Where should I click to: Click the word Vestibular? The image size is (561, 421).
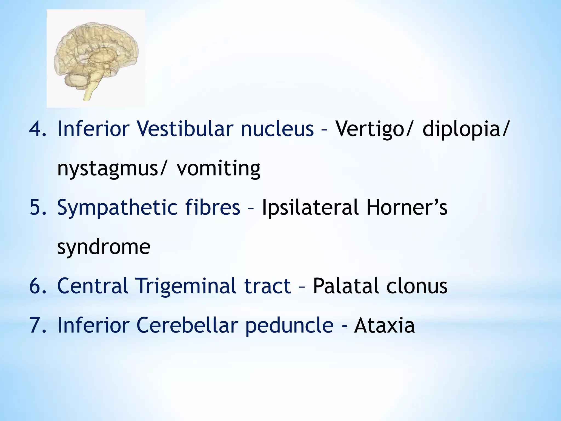[x=185, y=129]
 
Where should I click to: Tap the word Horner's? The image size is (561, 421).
[x=407, y=207]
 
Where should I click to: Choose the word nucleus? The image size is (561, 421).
[x=277, y=129]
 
